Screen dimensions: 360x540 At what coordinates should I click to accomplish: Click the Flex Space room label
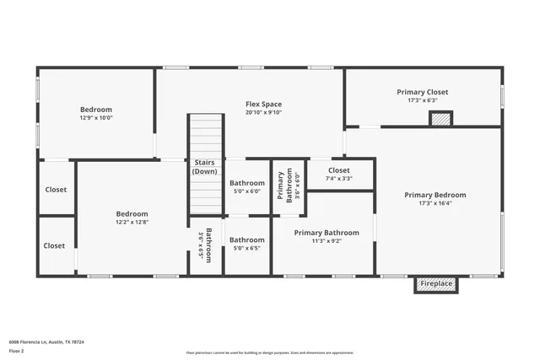pyautogui.click(x=263, y=104)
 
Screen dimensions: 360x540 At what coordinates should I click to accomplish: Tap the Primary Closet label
pyautogui.click(x=422, y=92)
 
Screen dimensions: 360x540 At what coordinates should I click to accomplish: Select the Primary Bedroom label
pyautogui.click(x=435, y=195)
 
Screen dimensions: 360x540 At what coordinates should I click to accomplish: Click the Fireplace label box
pyautogui.click(x=437, y=284)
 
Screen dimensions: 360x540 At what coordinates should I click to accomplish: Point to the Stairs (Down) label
pyautogui.click(x=205, y=166)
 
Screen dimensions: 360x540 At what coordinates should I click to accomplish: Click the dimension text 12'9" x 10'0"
pyautogui.click(x=95, y=118)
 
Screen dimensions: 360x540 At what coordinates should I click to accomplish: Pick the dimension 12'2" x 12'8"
pyautogui.click(x=132, y=223)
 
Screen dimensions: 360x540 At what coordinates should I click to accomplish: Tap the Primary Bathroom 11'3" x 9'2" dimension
pyautogui.click(x=327, y=241)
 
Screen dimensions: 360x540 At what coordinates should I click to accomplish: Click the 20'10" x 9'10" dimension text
pyautogui.click(x=263, y=112)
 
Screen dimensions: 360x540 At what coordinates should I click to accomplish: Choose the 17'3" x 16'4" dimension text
pyautogui.click(x=435, y=203)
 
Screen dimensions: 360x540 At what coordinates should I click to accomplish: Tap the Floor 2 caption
pyautogui.click(x=17, y=352)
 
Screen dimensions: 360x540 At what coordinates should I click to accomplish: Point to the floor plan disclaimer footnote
pyautogui.click(x=269, y=352)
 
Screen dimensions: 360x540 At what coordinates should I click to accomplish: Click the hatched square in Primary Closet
pyautogui.click(x=440, y=120)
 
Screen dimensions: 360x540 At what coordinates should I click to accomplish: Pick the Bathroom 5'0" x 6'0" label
pyautogui.click(x=246, y=186)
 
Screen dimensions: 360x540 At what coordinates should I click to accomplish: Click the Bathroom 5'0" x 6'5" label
pyautogui.click(x=246, y=244)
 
